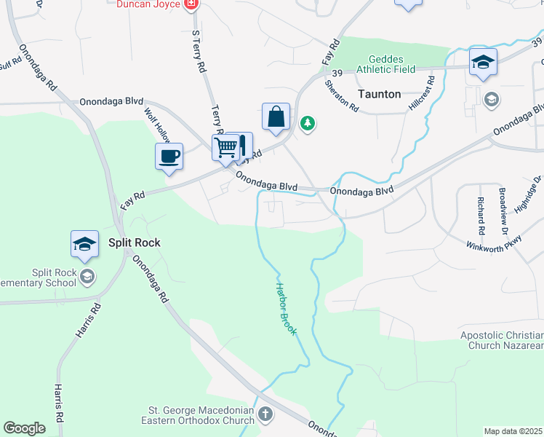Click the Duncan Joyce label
click(149, 4)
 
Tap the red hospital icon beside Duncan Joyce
click(191, 4)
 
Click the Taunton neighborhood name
click(379, 94)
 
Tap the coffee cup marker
click(169, 156)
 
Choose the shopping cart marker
click(226, 147)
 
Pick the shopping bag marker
click(276, 117)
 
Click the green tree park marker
click(308, 123)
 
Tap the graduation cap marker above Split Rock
click(84, 243)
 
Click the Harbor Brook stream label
click(285, 309)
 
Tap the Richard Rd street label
click(481, 210)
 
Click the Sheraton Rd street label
click(342, 95)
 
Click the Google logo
click(24, 428)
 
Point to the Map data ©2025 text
click(513, 431)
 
